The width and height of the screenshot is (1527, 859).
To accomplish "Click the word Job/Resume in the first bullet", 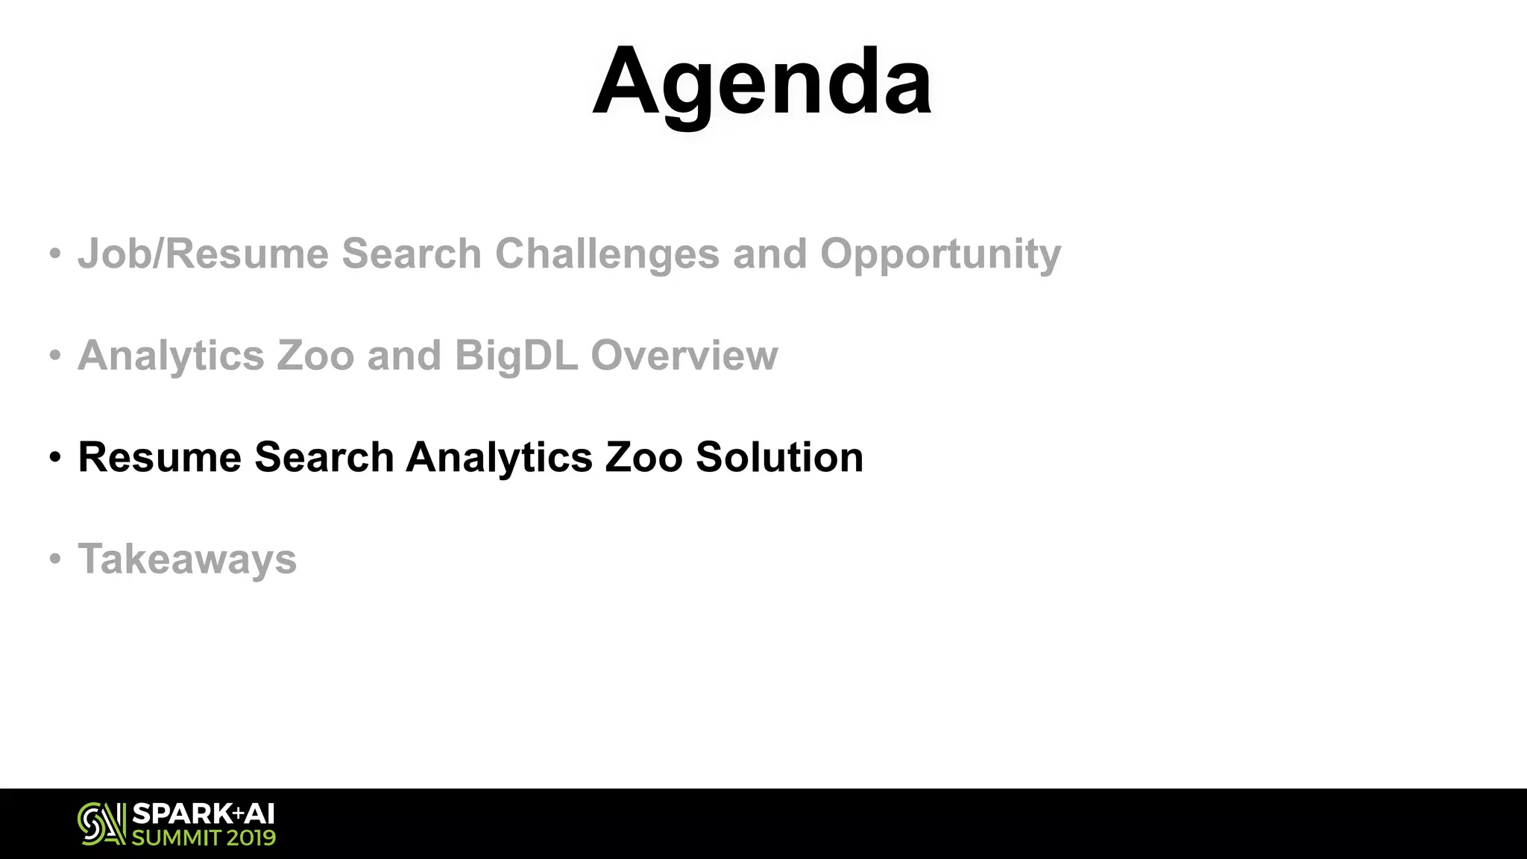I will pyautogui.click(x=203, y=254).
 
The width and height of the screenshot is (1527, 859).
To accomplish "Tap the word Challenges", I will pyautogui.click(x=607, y=254).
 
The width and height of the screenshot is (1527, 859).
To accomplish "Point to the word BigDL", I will pyautogui.click(x=516, y=356).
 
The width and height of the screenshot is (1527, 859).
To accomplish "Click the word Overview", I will pyautogui.click(x=684, y=356).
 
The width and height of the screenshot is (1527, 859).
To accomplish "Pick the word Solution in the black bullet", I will pyautogui.click(x=779, y=457).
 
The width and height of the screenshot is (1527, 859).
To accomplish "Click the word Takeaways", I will pyautogui.click(x=187, y=560).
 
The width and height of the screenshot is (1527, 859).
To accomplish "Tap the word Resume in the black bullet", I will pyautogui.click(x=160, y=457).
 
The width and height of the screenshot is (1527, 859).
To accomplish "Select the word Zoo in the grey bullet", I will pyautogui.click(x=315, y=356).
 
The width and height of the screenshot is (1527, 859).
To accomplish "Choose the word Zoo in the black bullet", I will pyautogui.click(x=643, y=457).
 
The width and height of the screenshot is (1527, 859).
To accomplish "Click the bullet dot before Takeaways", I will pyautogui.click(x=54, y=558).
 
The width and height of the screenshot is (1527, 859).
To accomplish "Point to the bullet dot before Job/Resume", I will pyautogui.click(x=54, y=254).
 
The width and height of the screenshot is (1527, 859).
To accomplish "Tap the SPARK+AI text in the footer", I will pyautogui.click(x=203, y=814).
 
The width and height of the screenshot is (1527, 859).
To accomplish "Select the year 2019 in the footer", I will pyautogui.click(x=251, y=838).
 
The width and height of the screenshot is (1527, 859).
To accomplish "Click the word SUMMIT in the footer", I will pyautogui.click(x=176, y=838).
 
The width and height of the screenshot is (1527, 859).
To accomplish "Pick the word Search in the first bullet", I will pyautogui.click(x=412, y=254).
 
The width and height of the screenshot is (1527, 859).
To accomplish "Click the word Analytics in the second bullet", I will pyautogui.click(x=171, y=356).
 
